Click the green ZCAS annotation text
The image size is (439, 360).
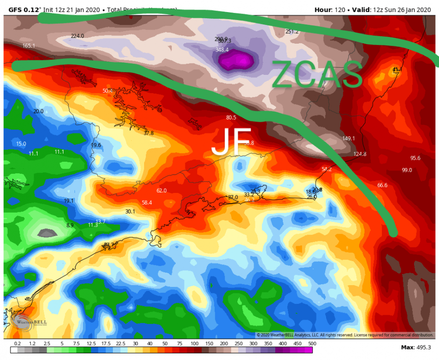317,75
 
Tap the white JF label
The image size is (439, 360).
232,141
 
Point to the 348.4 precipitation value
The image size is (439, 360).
222,50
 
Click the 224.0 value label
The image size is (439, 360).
77,36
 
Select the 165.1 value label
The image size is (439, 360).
29,46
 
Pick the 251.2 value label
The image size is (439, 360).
292,32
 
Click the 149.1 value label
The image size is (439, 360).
348,138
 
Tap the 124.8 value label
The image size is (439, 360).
360,154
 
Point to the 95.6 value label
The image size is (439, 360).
415,158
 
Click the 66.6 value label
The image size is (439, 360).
382,185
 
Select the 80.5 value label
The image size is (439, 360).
231,117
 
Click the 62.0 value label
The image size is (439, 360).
161,191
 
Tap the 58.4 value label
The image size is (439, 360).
146,203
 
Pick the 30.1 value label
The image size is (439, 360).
130,211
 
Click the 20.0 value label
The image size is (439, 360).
38,111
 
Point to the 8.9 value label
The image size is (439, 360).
70,225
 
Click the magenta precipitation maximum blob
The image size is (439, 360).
236,61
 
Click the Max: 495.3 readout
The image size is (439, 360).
416,347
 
